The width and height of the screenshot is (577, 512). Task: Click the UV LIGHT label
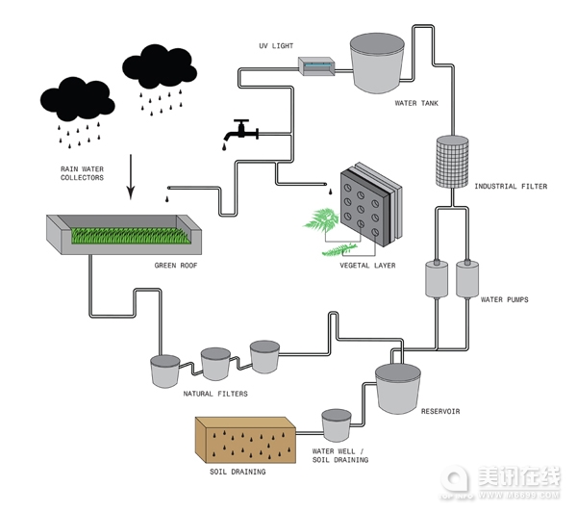(x=278, y=46)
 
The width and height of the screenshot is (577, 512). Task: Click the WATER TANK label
(x=418, y=103)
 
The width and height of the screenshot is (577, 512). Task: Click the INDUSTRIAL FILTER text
(x=510, y=187)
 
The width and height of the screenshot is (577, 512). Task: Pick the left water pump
(x=438, y=279)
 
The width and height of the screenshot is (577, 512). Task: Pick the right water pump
(x=468, y=279)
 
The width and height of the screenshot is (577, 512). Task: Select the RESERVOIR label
(x=440, y=412)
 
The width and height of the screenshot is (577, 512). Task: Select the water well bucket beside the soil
(x=336, y=424)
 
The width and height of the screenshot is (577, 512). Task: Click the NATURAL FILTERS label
(x=215, y=394)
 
